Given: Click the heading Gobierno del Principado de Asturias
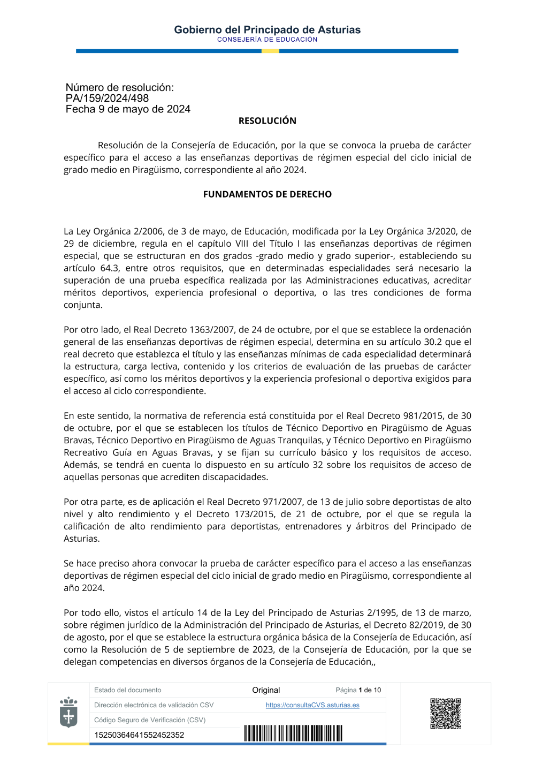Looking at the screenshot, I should click(267, 30).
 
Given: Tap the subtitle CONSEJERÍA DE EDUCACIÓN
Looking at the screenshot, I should click(267, 40).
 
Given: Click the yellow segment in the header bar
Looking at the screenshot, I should click(270, 51).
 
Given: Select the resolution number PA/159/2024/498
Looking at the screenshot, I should click(107, 98).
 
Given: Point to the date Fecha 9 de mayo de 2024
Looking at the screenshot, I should click(128, 109).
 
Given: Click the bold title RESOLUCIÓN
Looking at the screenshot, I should click(267, 121).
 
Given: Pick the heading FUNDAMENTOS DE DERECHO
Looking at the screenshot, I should click(267, 194).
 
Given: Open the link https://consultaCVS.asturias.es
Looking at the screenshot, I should click(312, 705).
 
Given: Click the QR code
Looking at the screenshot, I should click(446, 713).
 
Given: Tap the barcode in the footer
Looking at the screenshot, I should click(293, 733).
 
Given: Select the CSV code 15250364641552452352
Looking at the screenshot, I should click(139, 735).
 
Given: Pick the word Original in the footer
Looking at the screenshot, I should click(266, 690).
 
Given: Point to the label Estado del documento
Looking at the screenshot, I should click(127, 690).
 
